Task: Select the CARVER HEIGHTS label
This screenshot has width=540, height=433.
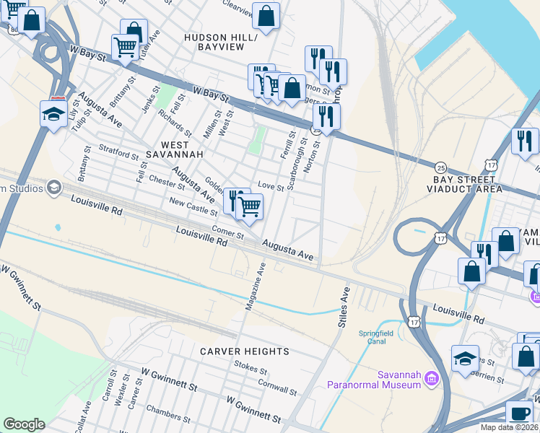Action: [x=245, y=351]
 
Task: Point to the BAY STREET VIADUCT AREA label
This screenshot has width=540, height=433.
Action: [x=467, y=184]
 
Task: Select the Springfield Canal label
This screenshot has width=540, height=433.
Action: [x=378, y=338]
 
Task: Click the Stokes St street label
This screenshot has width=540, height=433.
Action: [x=251, y=366]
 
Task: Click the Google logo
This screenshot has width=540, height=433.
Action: [x=24, y=424]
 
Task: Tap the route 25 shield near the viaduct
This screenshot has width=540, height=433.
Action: [x=440, y=167]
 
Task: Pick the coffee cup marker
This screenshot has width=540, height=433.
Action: [x=519, y=413]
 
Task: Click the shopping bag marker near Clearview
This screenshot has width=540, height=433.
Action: [x=266, y=16]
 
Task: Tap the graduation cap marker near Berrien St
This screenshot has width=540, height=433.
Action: [x=465, y=358]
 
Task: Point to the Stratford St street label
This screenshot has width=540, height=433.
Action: [x=118, y=154]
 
